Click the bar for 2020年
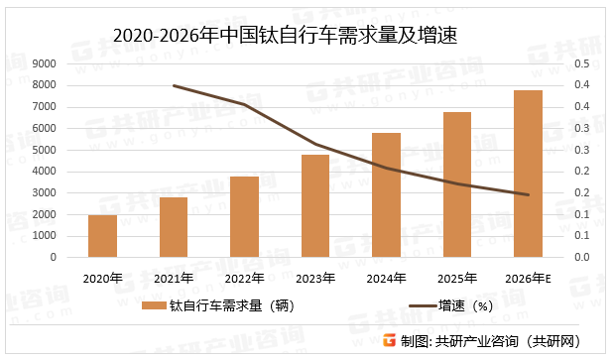pyautogui.click(x=102, y=236)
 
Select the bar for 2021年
pyautogui.click(x=174, y=227)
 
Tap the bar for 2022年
pyautogui.click(x=244, y=216)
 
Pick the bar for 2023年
pyautogui.click(x=315, y=205)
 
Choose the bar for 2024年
pyautogui.click(x=386, y=194)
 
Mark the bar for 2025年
pyautogui.click(x=457, y=184)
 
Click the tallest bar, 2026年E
pyautogui.click(x=528, y=174)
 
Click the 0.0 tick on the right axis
pyautogui.click(x=582, y=257)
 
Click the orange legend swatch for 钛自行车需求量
pyautogui.click(x=153, y=306)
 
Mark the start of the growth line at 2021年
pyautogui.click(x=174, y=85)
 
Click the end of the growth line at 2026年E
pyautogui.click(x=528, y=194)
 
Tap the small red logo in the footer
pyautogui.click(x=389, y=340)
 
